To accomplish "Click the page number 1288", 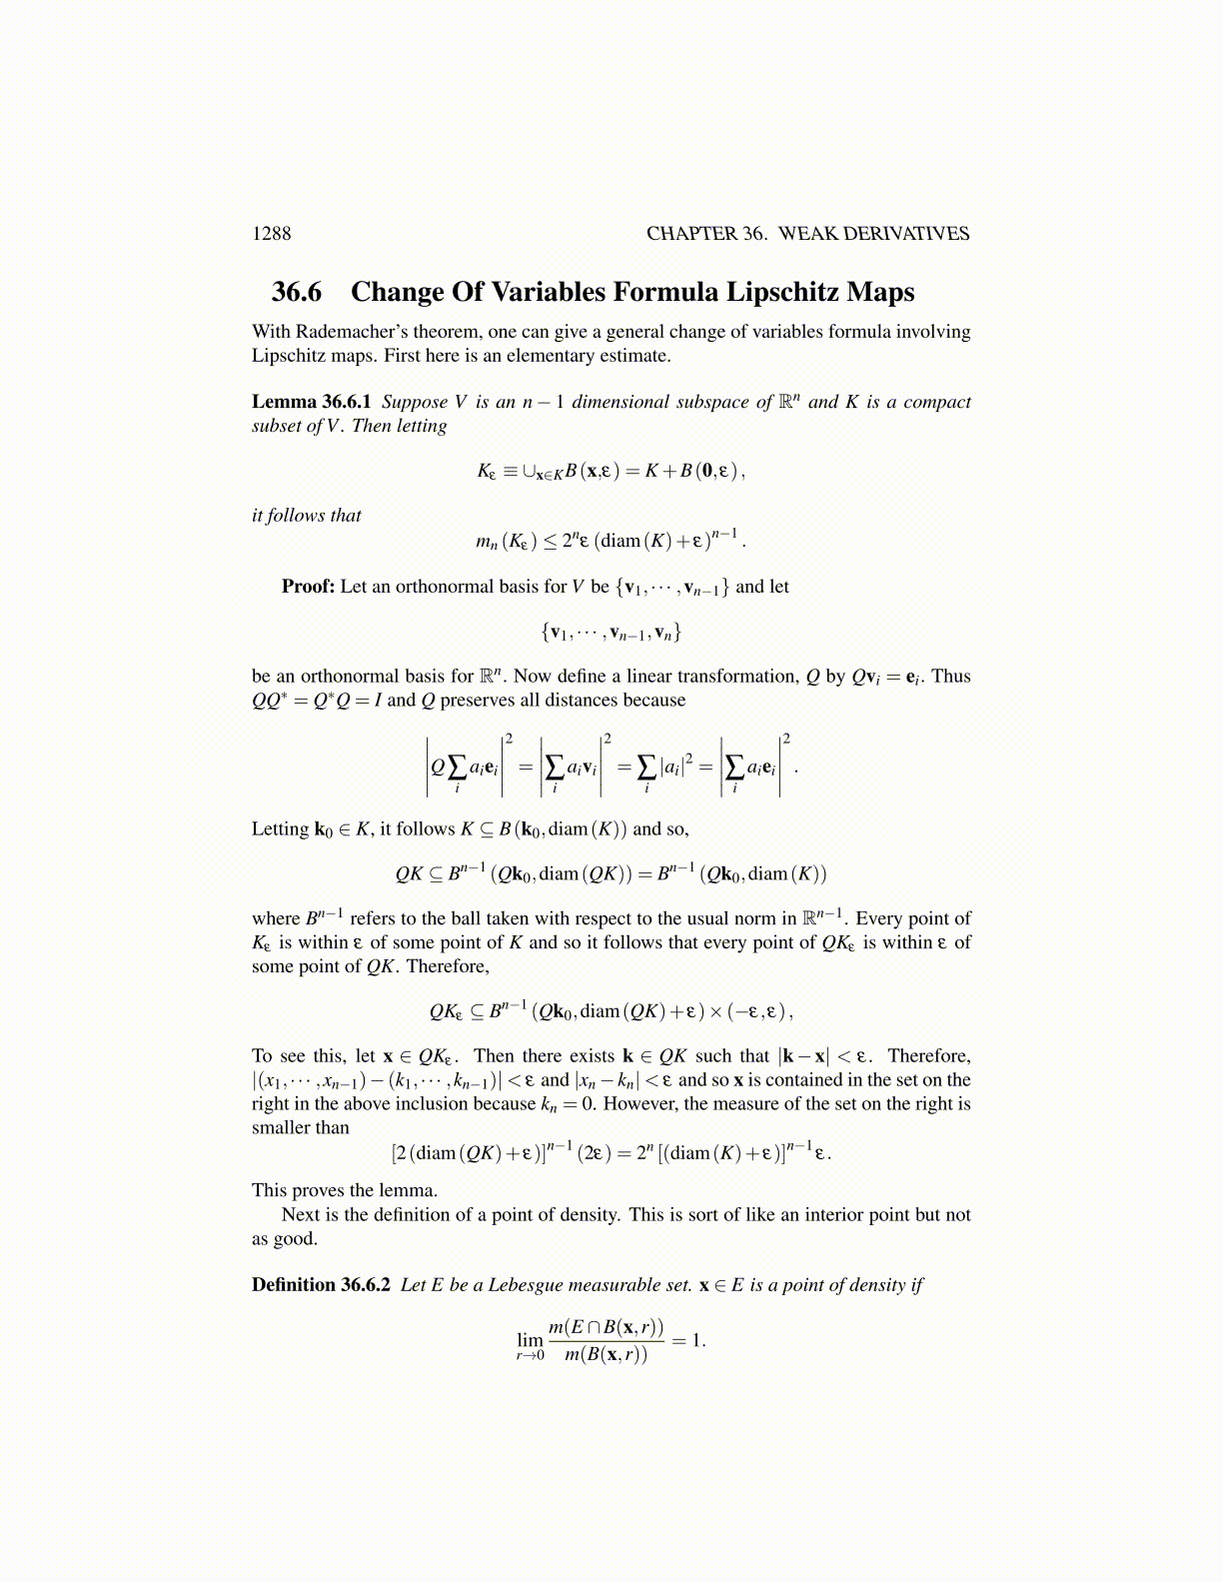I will pos(271,234).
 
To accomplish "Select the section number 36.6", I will pos(297,292).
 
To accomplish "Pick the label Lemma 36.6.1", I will pos(311,402).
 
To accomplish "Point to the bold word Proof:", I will pos(308,587).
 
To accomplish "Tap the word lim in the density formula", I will pos(530,1339).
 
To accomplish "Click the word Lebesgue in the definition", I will pos(514,1285).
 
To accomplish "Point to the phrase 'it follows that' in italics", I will pos(306,516).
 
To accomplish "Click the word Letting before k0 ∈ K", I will pos(280,829).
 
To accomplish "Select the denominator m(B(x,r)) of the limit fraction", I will pos(606,1356).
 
